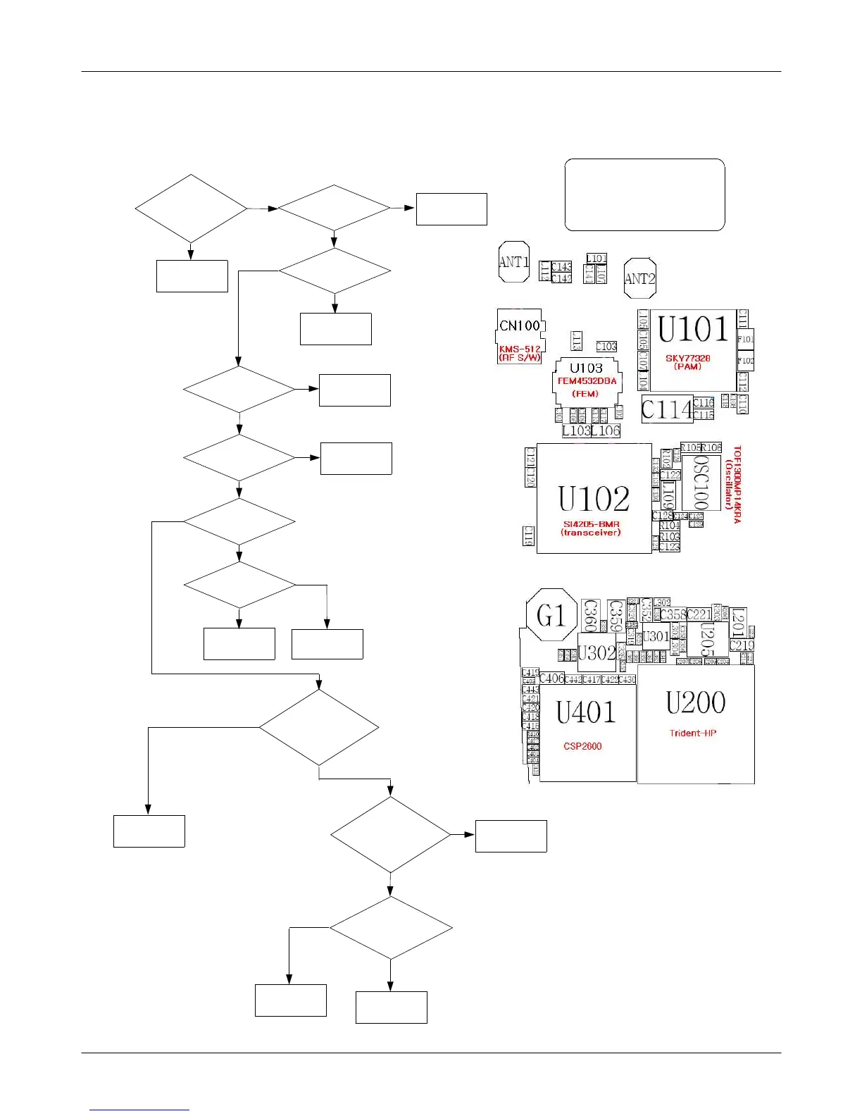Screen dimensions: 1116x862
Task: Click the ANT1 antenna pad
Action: (513, 262)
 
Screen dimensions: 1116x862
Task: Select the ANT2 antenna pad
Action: (639, 278)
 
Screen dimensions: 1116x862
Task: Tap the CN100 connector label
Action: (520, 325)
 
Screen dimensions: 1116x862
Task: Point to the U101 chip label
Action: (692, 330)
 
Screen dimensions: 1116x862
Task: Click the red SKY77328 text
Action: (688, 358)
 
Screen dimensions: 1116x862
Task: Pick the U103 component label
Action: (586, 368)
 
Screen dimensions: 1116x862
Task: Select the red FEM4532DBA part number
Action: (587, 381)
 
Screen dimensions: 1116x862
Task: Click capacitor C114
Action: (666, 409)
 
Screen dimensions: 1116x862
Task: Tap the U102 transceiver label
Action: (594, 499)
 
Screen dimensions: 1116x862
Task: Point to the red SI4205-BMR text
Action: (591, 524)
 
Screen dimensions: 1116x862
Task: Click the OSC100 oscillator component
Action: (701, 483)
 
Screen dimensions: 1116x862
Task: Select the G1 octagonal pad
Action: (551, 616)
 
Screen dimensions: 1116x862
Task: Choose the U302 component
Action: (596, 653)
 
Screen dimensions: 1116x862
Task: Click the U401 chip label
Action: (586, 712)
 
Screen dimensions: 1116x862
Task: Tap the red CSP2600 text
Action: (582, 746)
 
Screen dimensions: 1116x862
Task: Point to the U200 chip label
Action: (695, 702)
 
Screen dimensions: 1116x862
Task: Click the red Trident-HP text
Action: (693, 733)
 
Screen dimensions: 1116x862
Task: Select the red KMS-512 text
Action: (520, 349)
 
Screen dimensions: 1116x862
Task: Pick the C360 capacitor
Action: (590, 615)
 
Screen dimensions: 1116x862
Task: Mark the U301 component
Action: (656, 636)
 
